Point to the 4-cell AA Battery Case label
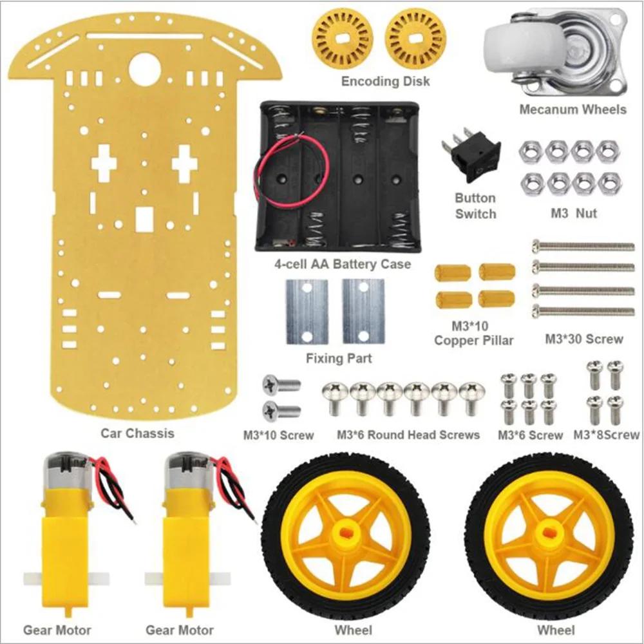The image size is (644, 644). [341, 264]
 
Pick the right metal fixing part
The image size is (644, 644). [363, 312]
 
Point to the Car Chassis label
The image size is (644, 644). [138, 433]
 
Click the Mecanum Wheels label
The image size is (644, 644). [572, 109]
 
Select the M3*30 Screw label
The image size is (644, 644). [584, 339]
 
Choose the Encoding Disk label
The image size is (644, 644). [385, 81]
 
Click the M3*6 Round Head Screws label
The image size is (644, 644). [408, 435]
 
